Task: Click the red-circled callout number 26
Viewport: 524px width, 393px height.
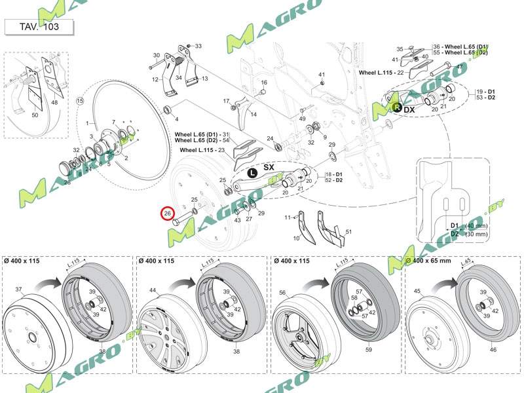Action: (x=168, y=214)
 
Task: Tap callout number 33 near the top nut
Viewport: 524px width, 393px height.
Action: (x=198, y=46)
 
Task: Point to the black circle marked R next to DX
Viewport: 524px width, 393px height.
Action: (x=396, y=105)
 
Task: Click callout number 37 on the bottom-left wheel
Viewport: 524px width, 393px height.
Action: (x=19, y=289)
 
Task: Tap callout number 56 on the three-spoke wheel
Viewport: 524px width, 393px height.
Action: (x=284, y=293)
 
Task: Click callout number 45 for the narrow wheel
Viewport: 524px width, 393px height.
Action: (x=418, y=291)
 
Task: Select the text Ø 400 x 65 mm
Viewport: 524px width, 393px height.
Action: (x=429, y=261)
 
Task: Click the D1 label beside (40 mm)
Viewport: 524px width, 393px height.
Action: (x=455, y=225)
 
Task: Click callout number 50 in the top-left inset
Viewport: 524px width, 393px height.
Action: (x=35, y=115)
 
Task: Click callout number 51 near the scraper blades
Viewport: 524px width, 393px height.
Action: (x=348, y=231)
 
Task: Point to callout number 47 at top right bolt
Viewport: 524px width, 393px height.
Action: (x=459, y=67)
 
